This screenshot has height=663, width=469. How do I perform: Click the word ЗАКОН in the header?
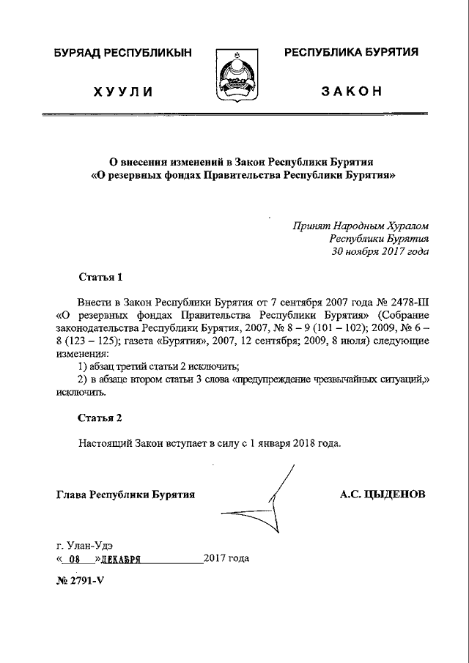[351, 92]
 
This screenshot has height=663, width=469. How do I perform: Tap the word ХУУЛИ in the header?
[122, 92]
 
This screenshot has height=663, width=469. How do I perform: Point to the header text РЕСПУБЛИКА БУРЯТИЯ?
[351, 52]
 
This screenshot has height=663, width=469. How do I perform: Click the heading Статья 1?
[100, 278]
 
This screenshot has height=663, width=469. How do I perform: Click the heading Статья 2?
[100, 418]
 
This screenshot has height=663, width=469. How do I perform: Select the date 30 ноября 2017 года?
[380, 251]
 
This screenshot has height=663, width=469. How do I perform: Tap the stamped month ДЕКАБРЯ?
[121, 558]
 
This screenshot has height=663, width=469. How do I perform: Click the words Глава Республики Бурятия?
[125, 495]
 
